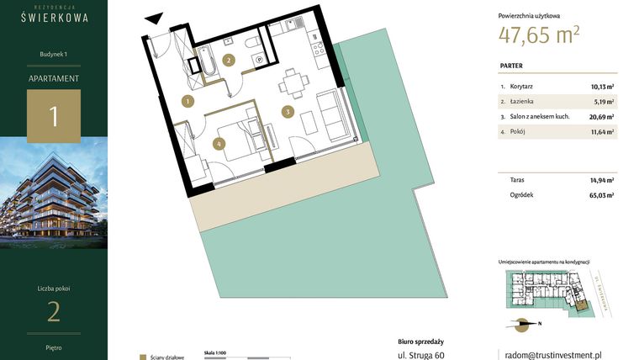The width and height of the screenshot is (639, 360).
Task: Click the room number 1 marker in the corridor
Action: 187,102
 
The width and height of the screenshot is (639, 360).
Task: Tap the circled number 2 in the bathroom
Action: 229,59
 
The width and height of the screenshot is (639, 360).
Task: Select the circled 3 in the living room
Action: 287,111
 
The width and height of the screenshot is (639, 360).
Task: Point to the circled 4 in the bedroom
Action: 219,144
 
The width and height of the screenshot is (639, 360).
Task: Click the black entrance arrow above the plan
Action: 153,17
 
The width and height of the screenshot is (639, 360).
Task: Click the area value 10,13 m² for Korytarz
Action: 601,86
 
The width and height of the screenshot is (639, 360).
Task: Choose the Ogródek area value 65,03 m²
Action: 601,195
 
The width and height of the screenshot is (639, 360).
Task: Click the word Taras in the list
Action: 518,180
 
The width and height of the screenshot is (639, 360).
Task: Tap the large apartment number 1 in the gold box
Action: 54,116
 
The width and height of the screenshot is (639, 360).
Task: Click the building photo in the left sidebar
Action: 54,193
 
